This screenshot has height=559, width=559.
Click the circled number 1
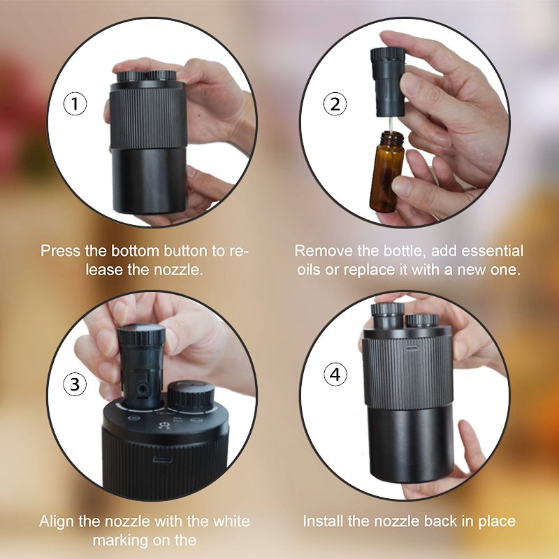[75, 105]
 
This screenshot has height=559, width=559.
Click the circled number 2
[335, 105]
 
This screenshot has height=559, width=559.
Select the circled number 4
[336, 375]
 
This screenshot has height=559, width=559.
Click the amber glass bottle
[386, 175]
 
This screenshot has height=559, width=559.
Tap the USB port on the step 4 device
[412, 345]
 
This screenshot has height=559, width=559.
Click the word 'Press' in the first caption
[59, 251]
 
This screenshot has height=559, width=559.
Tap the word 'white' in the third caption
[229, 521]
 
